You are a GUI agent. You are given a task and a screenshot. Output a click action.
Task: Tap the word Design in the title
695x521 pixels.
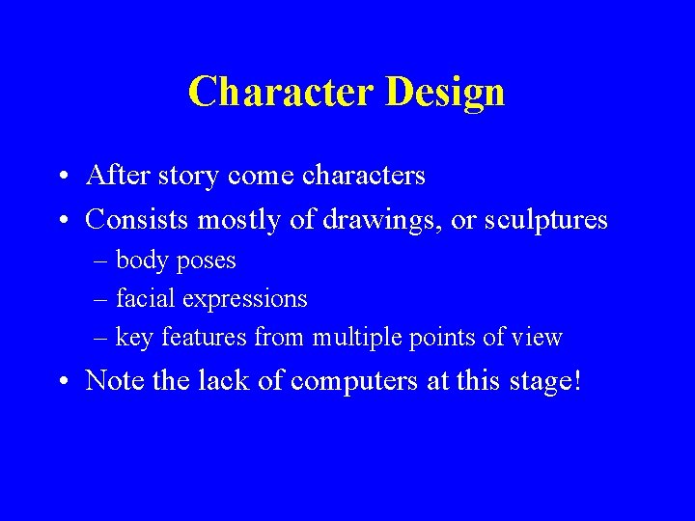point(445,93)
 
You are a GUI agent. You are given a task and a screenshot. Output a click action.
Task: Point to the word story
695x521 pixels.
point(183,176)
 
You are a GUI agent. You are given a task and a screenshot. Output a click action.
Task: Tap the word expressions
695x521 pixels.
point(245,300)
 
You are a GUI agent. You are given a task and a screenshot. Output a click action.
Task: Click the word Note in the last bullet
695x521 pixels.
point(116,380)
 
